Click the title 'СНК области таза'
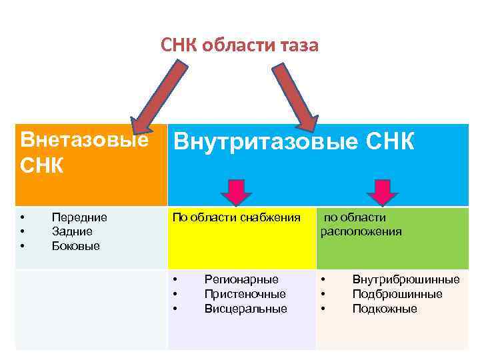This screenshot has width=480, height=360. click(240, 45)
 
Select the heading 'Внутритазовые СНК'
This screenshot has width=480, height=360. click(293, 142)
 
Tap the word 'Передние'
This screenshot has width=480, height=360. click(79, 217)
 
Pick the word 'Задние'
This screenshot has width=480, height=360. click(72, 231)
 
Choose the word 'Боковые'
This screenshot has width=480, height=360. click(75, 246)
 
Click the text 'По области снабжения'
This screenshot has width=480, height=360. click(237, 217)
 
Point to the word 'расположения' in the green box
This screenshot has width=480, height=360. click(361, 232)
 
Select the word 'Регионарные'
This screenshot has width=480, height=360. click(241, 279)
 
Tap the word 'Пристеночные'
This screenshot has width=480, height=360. click(245, 294)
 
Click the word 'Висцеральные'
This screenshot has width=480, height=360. click(245, 309)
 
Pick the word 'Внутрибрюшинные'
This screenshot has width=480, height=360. click(405, 279)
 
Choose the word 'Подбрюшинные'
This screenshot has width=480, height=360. click(397, 294)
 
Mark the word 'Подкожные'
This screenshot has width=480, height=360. click(385, 309)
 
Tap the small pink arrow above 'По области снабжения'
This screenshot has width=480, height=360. click(237, 191)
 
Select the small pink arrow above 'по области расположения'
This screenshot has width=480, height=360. click(382, 191)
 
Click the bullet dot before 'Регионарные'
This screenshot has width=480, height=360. click(175, 279)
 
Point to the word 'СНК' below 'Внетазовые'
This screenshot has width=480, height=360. click(42, 165)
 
